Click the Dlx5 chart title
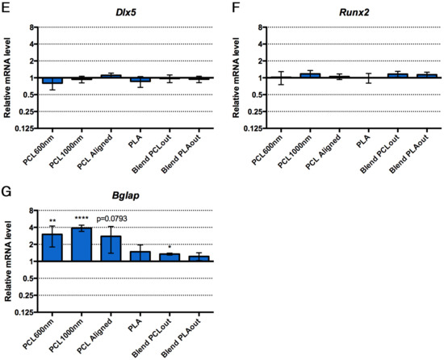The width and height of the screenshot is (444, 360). pos(125,12)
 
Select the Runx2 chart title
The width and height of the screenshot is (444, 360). pos(354,12)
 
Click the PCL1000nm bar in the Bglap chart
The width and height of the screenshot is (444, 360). pos(82,245)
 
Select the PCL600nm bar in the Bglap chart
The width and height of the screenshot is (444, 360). pos(52,248)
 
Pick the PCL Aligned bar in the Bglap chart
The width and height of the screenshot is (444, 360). pos(111,249)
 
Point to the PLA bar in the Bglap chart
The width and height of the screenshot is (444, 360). pos(140,256)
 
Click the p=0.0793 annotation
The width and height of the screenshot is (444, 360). pos(112,219)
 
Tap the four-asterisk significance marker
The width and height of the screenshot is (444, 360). pos(82,218)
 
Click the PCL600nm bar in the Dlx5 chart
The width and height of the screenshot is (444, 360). pos(52,81)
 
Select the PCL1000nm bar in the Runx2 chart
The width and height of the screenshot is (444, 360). pos(310,76)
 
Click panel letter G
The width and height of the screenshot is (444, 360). pos(6,191)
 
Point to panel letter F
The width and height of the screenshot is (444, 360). pos(236,8)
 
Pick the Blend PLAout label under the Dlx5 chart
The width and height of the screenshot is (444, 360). pos(181,154)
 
